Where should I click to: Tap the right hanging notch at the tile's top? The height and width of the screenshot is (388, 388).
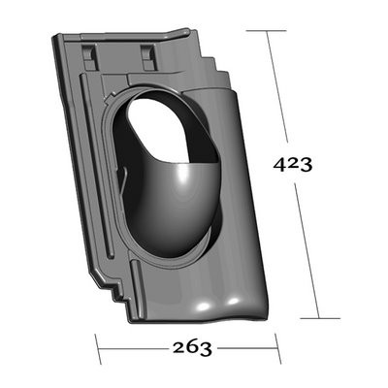[147, 57]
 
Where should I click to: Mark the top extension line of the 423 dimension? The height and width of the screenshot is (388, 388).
[266, 31]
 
